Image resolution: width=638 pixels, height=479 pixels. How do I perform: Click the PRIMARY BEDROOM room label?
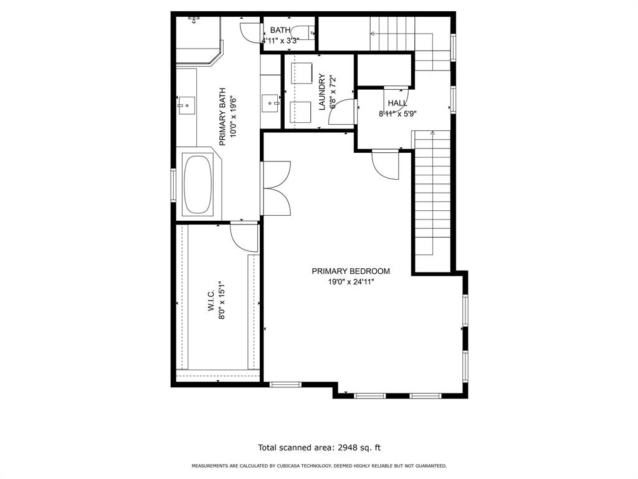351,271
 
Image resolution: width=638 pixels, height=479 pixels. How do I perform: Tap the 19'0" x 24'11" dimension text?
351,281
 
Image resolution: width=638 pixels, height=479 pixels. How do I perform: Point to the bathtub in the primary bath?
198,185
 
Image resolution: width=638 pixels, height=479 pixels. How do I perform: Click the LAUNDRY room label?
322,92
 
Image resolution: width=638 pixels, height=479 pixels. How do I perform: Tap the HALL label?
398,103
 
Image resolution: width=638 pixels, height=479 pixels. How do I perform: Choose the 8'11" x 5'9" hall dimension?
398,114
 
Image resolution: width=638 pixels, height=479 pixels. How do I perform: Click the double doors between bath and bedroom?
275,188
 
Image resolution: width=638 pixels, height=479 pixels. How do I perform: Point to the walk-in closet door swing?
243,238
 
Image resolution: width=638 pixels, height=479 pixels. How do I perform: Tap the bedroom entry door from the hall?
385,165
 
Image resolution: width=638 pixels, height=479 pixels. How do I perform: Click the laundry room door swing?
343,112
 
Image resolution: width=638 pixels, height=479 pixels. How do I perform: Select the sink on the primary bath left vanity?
186,105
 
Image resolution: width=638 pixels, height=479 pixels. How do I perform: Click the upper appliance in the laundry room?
302,72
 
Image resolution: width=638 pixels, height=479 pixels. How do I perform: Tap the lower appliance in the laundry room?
302,111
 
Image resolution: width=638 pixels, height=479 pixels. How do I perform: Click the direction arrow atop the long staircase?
432,133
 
